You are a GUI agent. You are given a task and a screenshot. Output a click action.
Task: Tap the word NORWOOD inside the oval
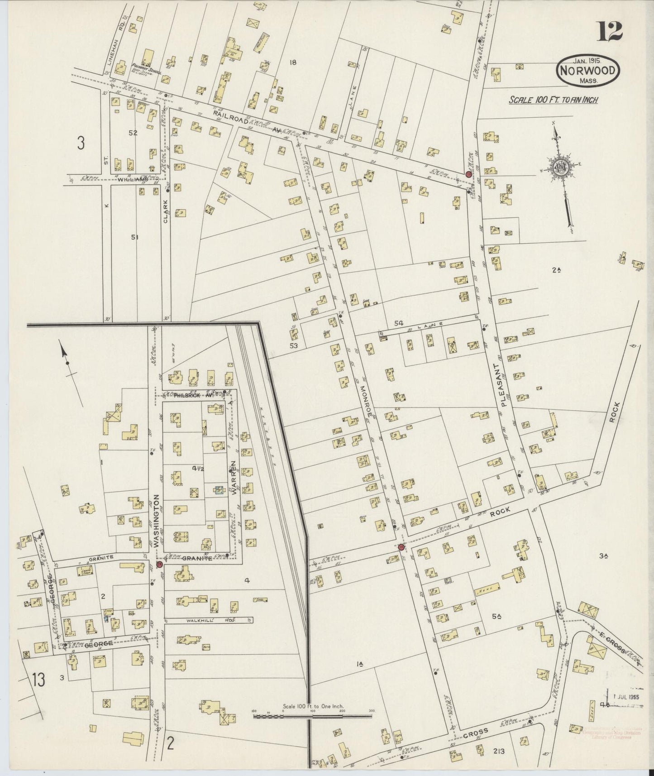588,71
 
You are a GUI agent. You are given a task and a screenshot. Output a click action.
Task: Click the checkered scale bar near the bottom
312,716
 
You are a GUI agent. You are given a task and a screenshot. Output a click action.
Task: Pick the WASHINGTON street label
157,521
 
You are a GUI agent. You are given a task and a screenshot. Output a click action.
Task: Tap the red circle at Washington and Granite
159,564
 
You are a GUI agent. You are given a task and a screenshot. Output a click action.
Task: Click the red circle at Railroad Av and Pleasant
468,174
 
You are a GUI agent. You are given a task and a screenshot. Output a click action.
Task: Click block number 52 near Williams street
133,133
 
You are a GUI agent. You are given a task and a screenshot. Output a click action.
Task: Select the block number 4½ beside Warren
197,468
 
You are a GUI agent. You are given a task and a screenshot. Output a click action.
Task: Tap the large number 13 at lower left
39,680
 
